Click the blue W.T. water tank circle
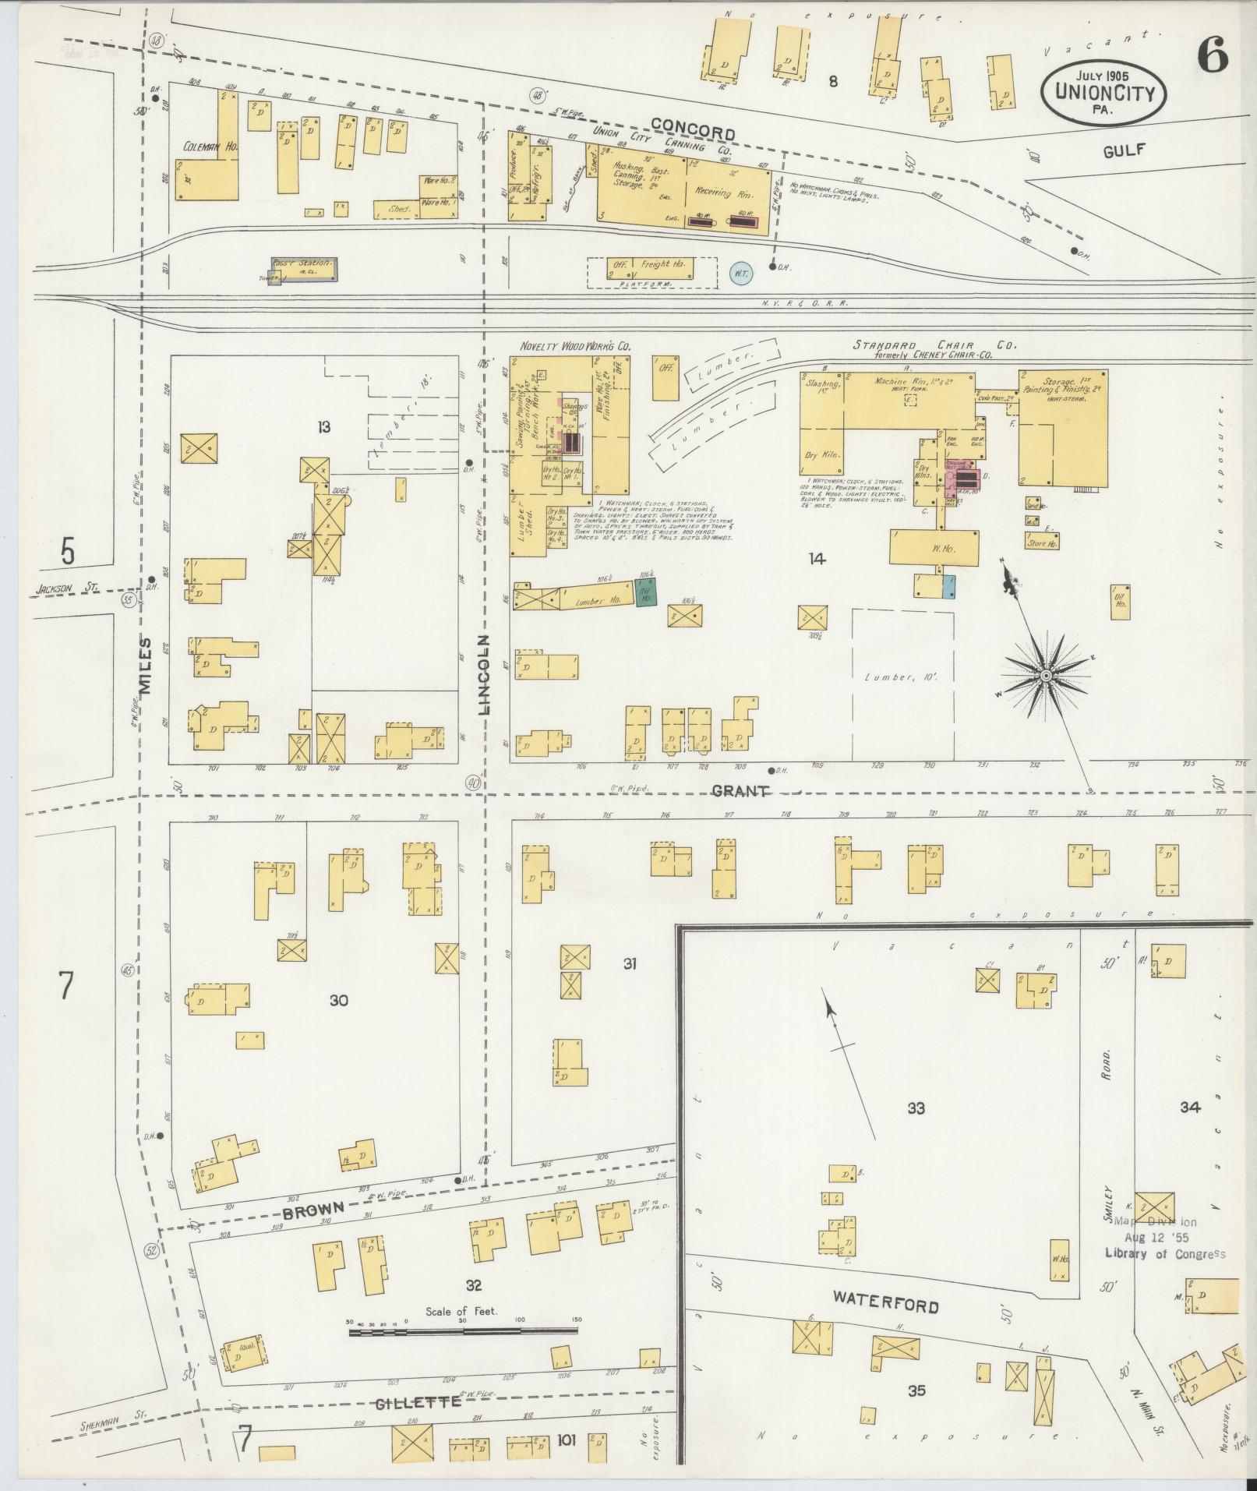tap(740, 273)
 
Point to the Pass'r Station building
tap(304, 269)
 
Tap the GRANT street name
tap(740, 790)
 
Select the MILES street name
tap(145, 670)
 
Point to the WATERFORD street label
tap(886, 1302)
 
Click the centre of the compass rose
tap(1044, 673)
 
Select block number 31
tap(630, 964)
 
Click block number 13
tap(324, 426)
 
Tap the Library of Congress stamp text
tap(1164, 1254)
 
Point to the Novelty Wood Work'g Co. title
tap(575, 345)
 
